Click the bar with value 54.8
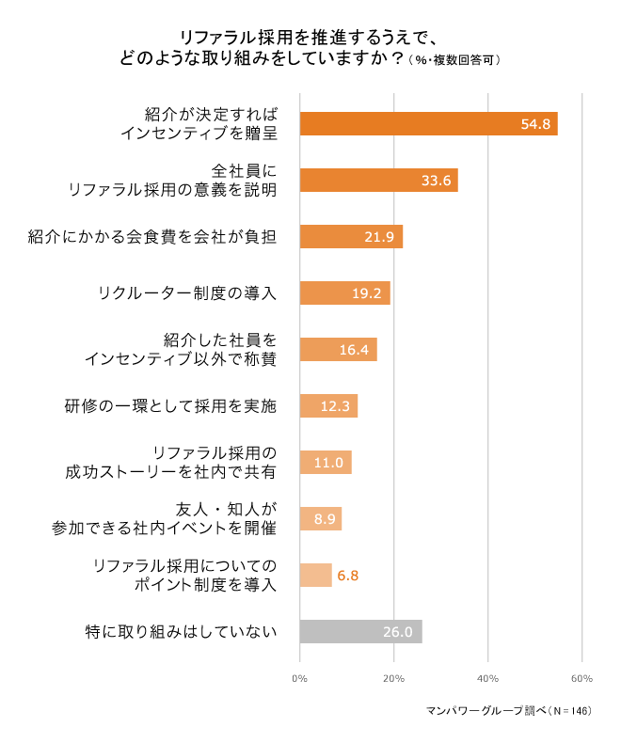pyautogui.click(x=428, y=124)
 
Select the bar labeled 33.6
pyautogui.click(x=378, y=181)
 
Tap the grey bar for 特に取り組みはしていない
pyautogui.click(x=360, y=632)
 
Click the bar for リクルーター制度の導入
pyautogui.click(x=344, y=293)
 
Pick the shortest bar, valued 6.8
pyautogui.click(x=315, y=576)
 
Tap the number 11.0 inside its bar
pyautogui.click(x=327, y=463)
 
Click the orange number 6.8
pyautogui.click(x=348, y=576)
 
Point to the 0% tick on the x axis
pyautogui.click(x=300, y=678)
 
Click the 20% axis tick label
pyautogui.click(x=394, y=678)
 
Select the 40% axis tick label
pyautogui.click(x=487, y=678)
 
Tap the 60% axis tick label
pyautogui.click(x=581, y=678)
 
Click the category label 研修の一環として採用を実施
pyautogui.click(x=170, y=406)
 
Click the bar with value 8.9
pyautogui.click(x=320, y=519)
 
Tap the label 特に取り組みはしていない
pyautogui.click(x=181, y=632)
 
